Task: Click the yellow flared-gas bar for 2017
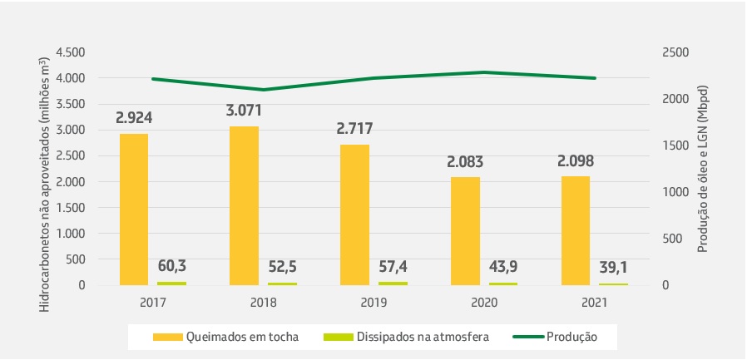134,210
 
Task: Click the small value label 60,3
171,266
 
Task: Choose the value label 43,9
502,266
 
